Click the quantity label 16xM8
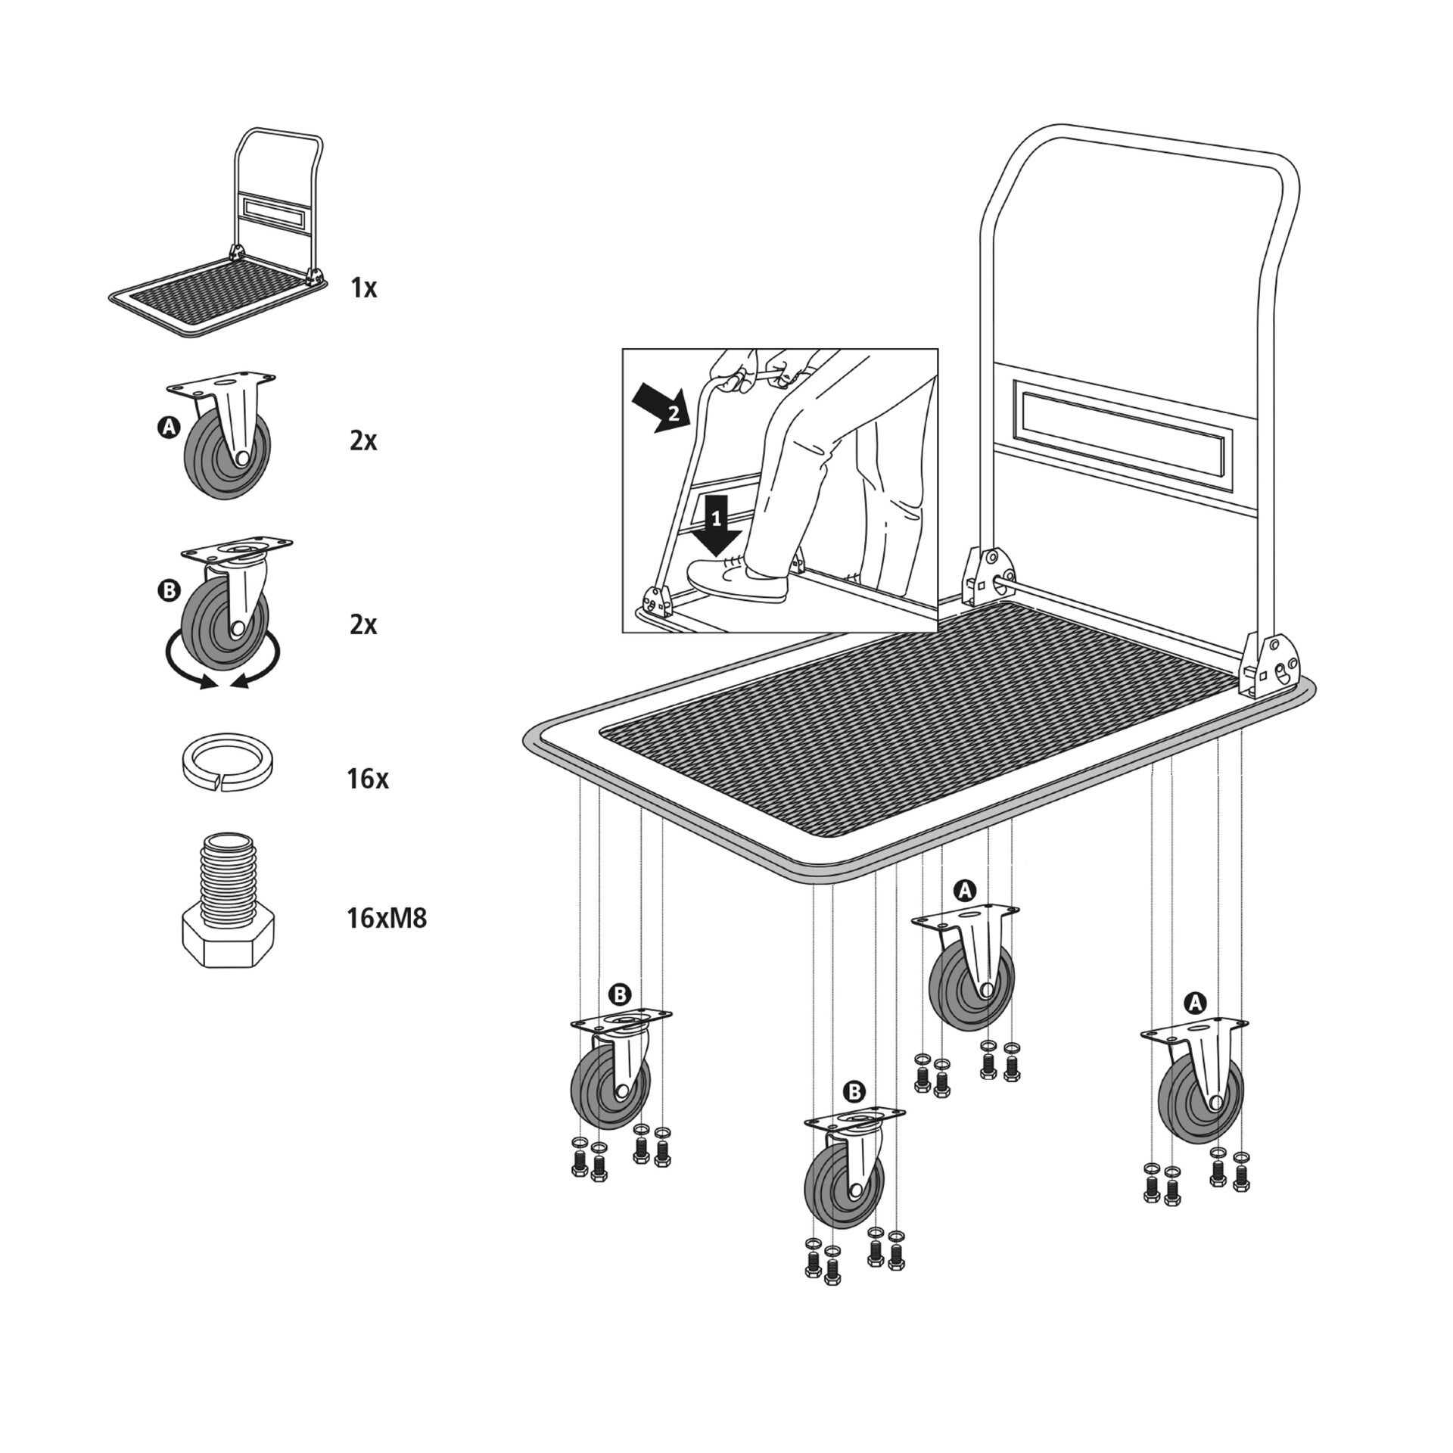tap(387, 919)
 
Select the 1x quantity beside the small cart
tap(364, 288)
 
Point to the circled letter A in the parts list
tap(169, 428)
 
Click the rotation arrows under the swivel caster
tap(222, 666)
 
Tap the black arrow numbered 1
tap(717, 527)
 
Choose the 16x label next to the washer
tap(367, 779)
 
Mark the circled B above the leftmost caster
tap(620, 994)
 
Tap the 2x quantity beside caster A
tap(364, 441)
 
